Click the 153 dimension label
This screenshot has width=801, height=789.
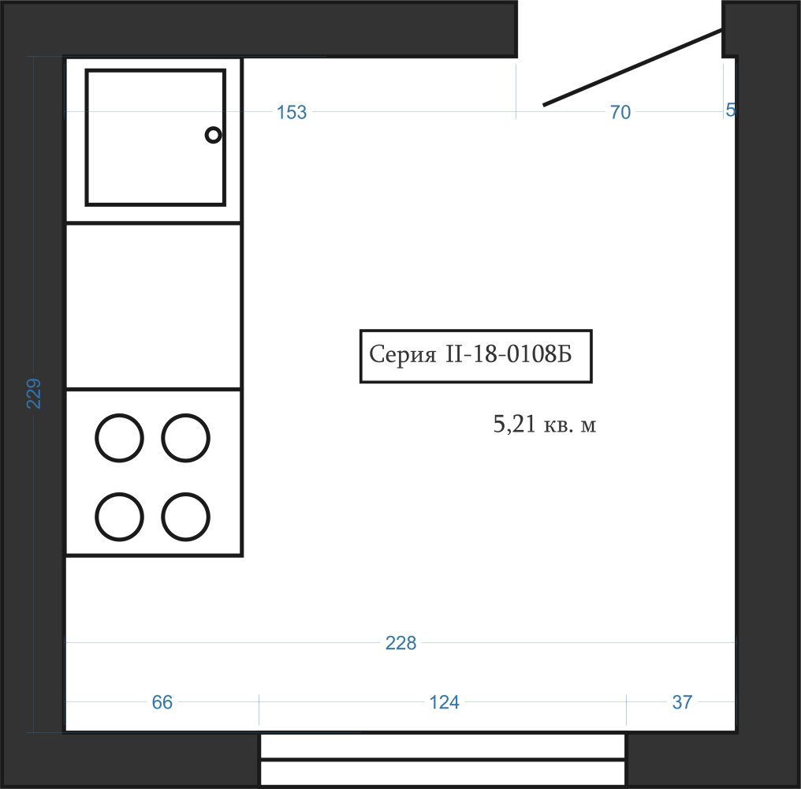click(x=291, y=112)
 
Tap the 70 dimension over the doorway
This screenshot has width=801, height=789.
click(x=620, y=112)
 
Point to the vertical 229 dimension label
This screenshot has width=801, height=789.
click(x=34, y=393)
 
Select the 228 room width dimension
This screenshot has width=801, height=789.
click(x=400, y=643)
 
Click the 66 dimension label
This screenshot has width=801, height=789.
click(x=162, y=702)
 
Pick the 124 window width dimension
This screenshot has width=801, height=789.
click(x=444, y=702)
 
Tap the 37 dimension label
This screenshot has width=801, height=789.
click(x=682, y=702)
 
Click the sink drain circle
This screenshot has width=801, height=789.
click(x=213, y=135)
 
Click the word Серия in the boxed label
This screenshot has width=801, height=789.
click(x=403, y=353)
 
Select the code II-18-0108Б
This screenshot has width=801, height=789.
click(x=509, y=353)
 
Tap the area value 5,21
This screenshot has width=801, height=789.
click(x=514, y=424)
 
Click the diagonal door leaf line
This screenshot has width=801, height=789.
click(x=632, y=67)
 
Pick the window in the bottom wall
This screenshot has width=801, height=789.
click(x=443, y=760)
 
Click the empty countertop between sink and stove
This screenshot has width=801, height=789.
click(x=153, y=306)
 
